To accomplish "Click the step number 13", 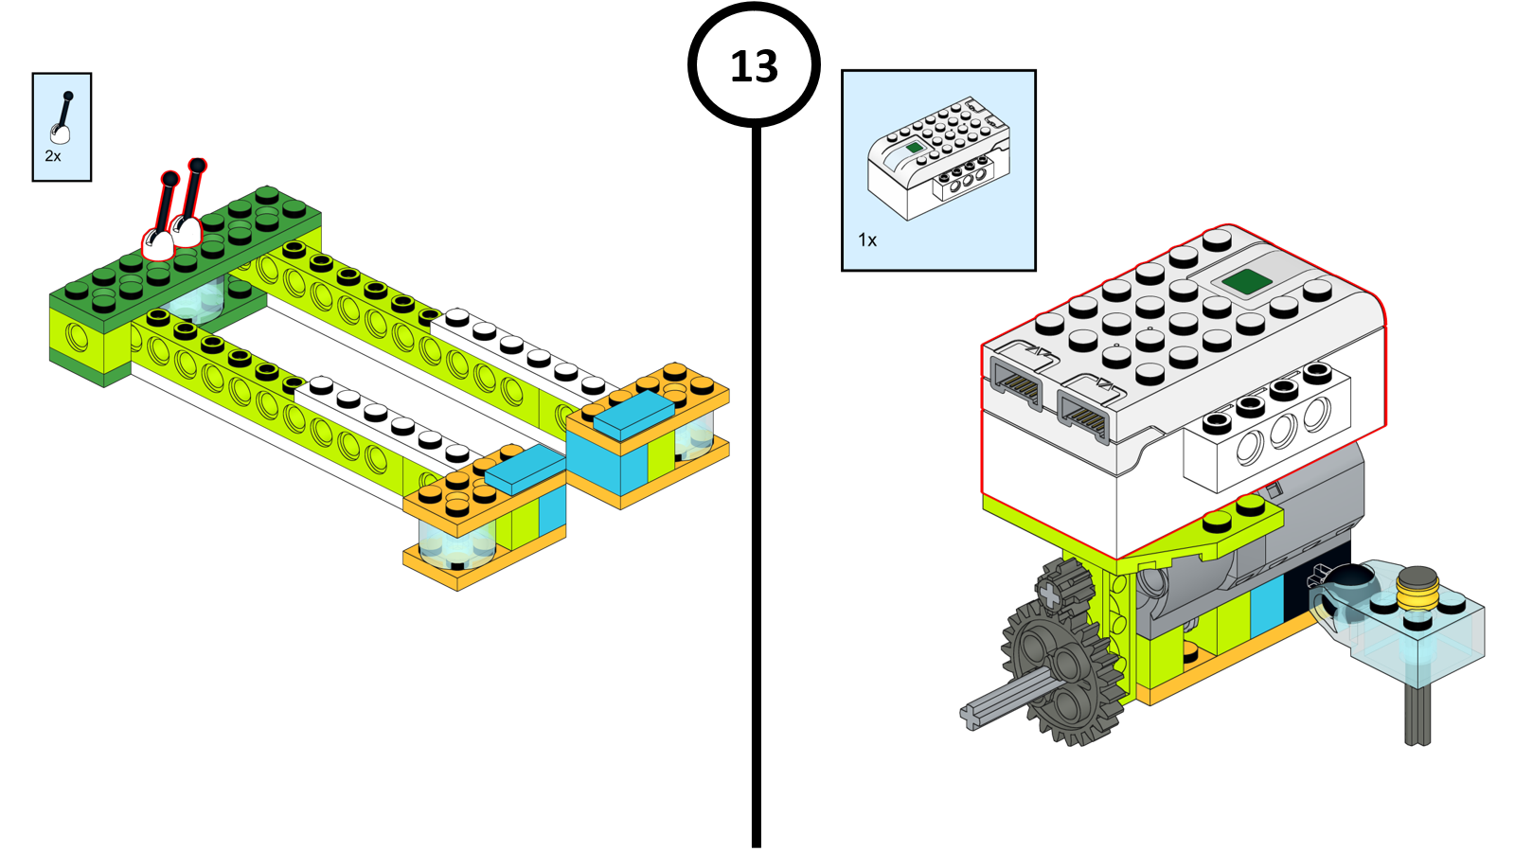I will pos(754,67).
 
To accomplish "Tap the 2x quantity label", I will pos(53,156).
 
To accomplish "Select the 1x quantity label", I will pos(867,240).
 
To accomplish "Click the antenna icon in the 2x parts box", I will pos(62,117).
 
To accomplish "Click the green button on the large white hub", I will pos(1246,281).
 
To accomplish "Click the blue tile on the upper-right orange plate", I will pos(633,414).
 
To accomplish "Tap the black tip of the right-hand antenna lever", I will pos(197,167).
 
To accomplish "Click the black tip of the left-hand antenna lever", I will pos(169,179).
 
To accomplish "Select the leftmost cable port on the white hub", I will pos(1015,383).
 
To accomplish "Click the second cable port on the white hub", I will pos(1085,411).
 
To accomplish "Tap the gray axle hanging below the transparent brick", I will pos(1417,716).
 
